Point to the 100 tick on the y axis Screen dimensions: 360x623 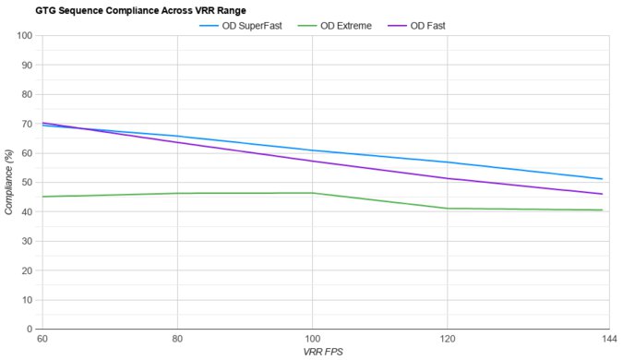coord(25,36)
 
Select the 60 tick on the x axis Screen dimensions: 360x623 coord(42,340)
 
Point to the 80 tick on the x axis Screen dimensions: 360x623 coord(177,340)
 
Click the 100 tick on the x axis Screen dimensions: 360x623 coord(312,340)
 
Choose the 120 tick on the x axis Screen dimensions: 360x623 coord(447,340)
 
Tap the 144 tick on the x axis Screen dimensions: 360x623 coord(608,340)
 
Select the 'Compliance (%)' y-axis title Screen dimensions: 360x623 coord(9,183)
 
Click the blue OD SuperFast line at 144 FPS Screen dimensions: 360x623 coord(602,179)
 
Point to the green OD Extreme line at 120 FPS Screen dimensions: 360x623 coord(447,209)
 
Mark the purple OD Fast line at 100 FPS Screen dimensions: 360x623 coord(312,162)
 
